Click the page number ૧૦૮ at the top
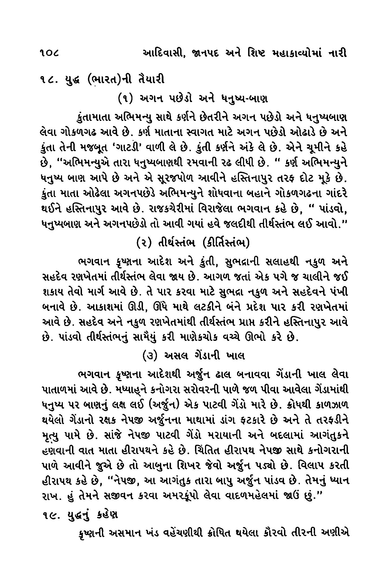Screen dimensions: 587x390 coord(50,53)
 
